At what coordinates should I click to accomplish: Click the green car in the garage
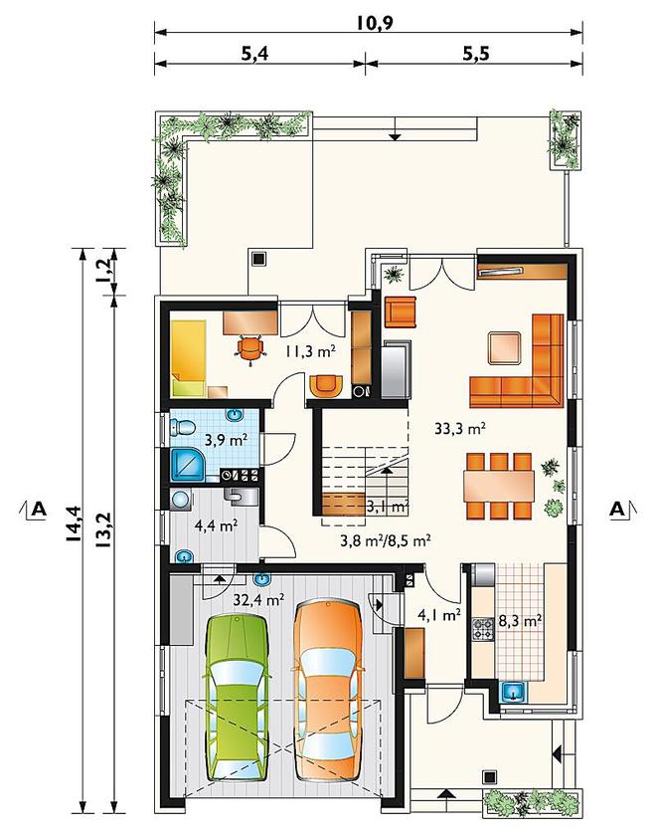coord(237,699)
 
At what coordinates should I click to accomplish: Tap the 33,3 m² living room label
coord(459,428)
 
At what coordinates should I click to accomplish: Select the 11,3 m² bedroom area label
coord(310,351)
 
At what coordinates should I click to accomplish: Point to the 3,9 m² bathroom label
coord(226,440)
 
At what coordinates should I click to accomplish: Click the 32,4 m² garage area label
coord(258,599)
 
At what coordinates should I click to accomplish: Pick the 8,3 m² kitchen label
coord(520,621)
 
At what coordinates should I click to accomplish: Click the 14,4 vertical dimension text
coord(73,523)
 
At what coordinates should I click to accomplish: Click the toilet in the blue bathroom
coord(182,427)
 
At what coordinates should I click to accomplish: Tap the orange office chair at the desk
coord(250,348)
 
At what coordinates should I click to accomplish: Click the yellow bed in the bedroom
coord(189,358)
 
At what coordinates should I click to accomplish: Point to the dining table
coord(499,486)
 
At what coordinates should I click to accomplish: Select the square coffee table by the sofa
coord(505,348)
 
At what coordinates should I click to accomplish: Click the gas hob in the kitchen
coord(483,629)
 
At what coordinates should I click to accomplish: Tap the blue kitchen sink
coord(514,693)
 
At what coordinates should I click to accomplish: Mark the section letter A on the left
coord(39,510)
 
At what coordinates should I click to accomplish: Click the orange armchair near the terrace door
coord(400,312)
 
